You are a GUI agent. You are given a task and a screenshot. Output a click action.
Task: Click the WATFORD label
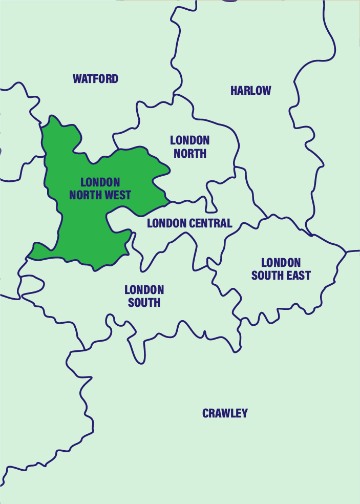(95, 79)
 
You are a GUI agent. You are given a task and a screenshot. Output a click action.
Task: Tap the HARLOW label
(250, 91)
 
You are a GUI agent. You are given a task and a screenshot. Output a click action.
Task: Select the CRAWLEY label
(225, 413)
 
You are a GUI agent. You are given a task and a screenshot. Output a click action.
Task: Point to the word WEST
(118, 195)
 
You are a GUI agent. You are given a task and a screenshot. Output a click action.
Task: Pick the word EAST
(297, 276)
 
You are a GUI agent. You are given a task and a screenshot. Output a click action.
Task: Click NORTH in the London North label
(189, 153)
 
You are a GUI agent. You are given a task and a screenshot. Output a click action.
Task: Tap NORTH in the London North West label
(86, 195)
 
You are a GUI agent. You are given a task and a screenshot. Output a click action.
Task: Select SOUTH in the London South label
(144, 303)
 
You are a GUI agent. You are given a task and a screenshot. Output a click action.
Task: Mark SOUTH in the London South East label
(266, 276)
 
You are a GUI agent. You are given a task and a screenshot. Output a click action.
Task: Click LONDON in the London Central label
(165, 223)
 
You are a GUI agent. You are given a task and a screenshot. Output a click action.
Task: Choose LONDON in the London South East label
(281, 263)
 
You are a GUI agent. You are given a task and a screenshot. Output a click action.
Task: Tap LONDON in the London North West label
(100, 182)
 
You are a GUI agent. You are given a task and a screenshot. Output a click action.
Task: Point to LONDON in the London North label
(189, 140)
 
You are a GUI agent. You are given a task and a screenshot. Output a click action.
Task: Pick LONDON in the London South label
(144, 290)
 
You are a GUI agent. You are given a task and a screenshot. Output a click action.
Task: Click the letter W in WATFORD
(77, 79)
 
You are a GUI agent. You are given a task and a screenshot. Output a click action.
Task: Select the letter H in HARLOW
(234, 91)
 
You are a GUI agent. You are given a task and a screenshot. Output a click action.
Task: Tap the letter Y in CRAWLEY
(244, 413)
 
